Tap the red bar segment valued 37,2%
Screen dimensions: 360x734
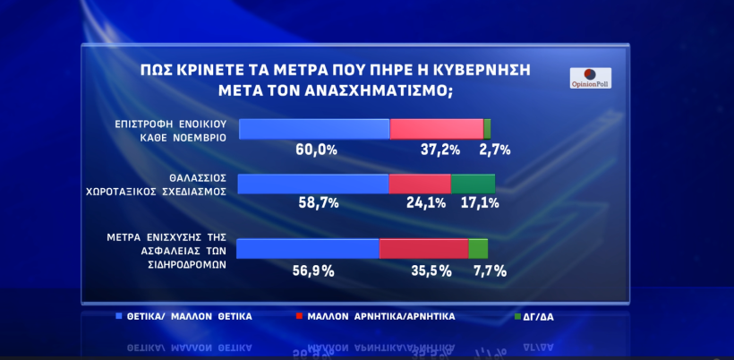click(x=436, y=128)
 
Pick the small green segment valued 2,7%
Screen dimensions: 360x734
click(x=487, y=128)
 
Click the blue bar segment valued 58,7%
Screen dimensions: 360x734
click(x=314, y=184)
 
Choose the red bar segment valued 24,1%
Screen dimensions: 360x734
click(x=419, y=184)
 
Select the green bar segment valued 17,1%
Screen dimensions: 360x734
click(x=473, y=184)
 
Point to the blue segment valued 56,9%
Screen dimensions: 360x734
click(x=310, y=249)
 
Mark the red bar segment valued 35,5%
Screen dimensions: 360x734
click(x=423, y=249)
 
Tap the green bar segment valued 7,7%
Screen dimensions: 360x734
click(x=478, y=249)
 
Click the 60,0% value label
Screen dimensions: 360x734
click(x=316, y=150)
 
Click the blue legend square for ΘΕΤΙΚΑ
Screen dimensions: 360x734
click(x=120, y=316)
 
